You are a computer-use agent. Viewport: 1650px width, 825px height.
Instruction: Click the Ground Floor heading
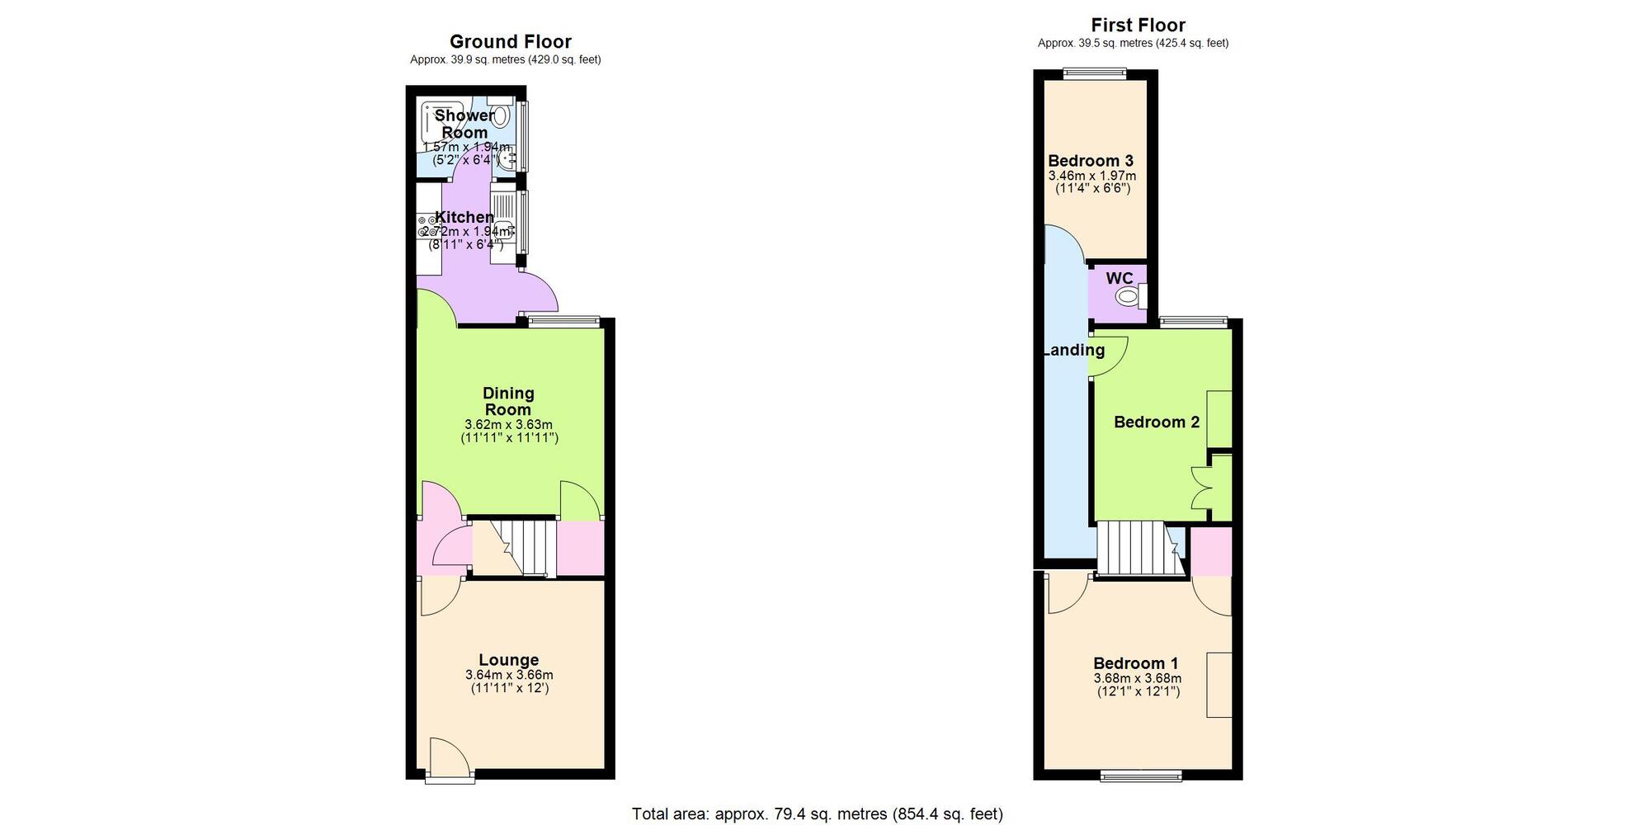click(510, 41)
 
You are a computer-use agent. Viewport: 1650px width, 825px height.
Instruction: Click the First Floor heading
click(1138, 25)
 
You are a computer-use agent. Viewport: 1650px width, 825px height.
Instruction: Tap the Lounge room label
click(508, 659)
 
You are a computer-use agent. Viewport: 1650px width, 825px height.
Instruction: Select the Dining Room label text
click(508, 401)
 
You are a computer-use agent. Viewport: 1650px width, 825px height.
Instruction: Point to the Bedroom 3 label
click(1091, 161)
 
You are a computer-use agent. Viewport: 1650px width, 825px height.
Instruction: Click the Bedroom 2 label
click(1156, 422)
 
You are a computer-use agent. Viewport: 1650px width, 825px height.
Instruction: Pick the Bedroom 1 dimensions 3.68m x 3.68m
click(1137, 678)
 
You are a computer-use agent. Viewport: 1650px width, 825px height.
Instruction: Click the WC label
click(1119, 279)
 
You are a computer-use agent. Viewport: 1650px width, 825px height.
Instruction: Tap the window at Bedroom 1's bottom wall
click(1141, 775)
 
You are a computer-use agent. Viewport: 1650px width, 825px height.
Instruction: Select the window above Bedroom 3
click(1095, 73)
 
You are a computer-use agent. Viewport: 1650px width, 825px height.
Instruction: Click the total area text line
click(817, 814)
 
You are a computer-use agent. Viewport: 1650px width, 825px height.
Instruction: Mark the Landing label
click(1073, 350)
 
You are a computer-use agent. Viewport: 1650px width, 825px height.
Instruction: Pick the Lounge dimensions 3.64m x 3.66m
click(508, 675)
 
